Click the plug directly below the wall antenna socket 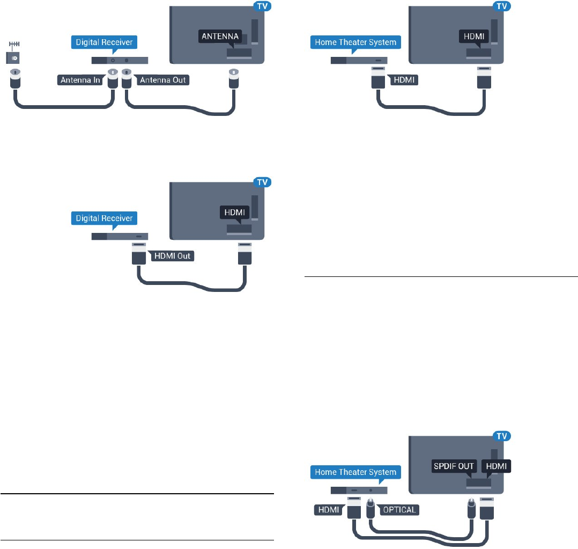(14, 79)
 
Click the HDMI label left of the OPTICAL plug (327, 510)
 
